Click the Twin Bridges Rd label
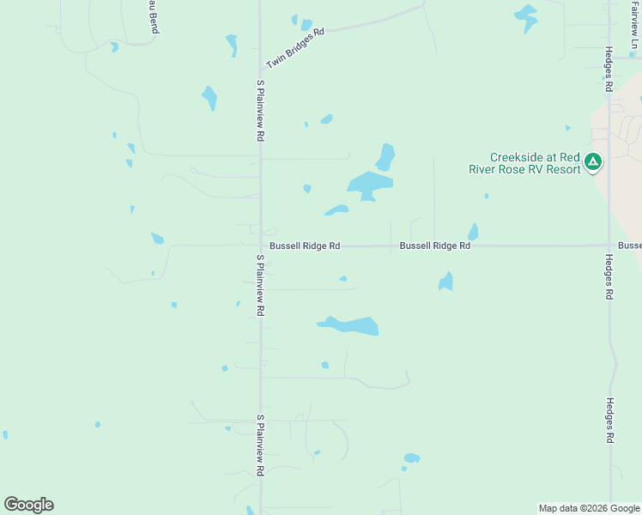[x=295, y=48]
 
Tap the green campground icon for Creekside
[x=593, y=161]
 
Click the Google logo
[x=28, y=505]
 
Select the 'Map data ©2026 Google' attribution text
[x=588, y=508]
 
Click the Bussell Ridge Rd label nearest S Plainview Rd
[x=305, y=246]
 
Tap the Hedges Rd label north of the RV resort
[x=608, y=69]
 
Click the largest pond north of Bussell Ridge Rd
[x=370, y=185]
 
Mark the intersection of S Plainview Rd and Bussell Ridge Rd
[x=261, y=246]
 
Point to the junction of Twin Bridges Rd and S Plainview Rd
[x=261, y=70]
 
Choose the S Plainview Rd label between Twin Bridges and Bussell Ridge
[x=260, y=111]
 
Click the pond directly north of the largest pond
[x=385, y=157]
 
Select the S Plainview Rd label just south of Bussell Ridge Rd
[x=259, y=285]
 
